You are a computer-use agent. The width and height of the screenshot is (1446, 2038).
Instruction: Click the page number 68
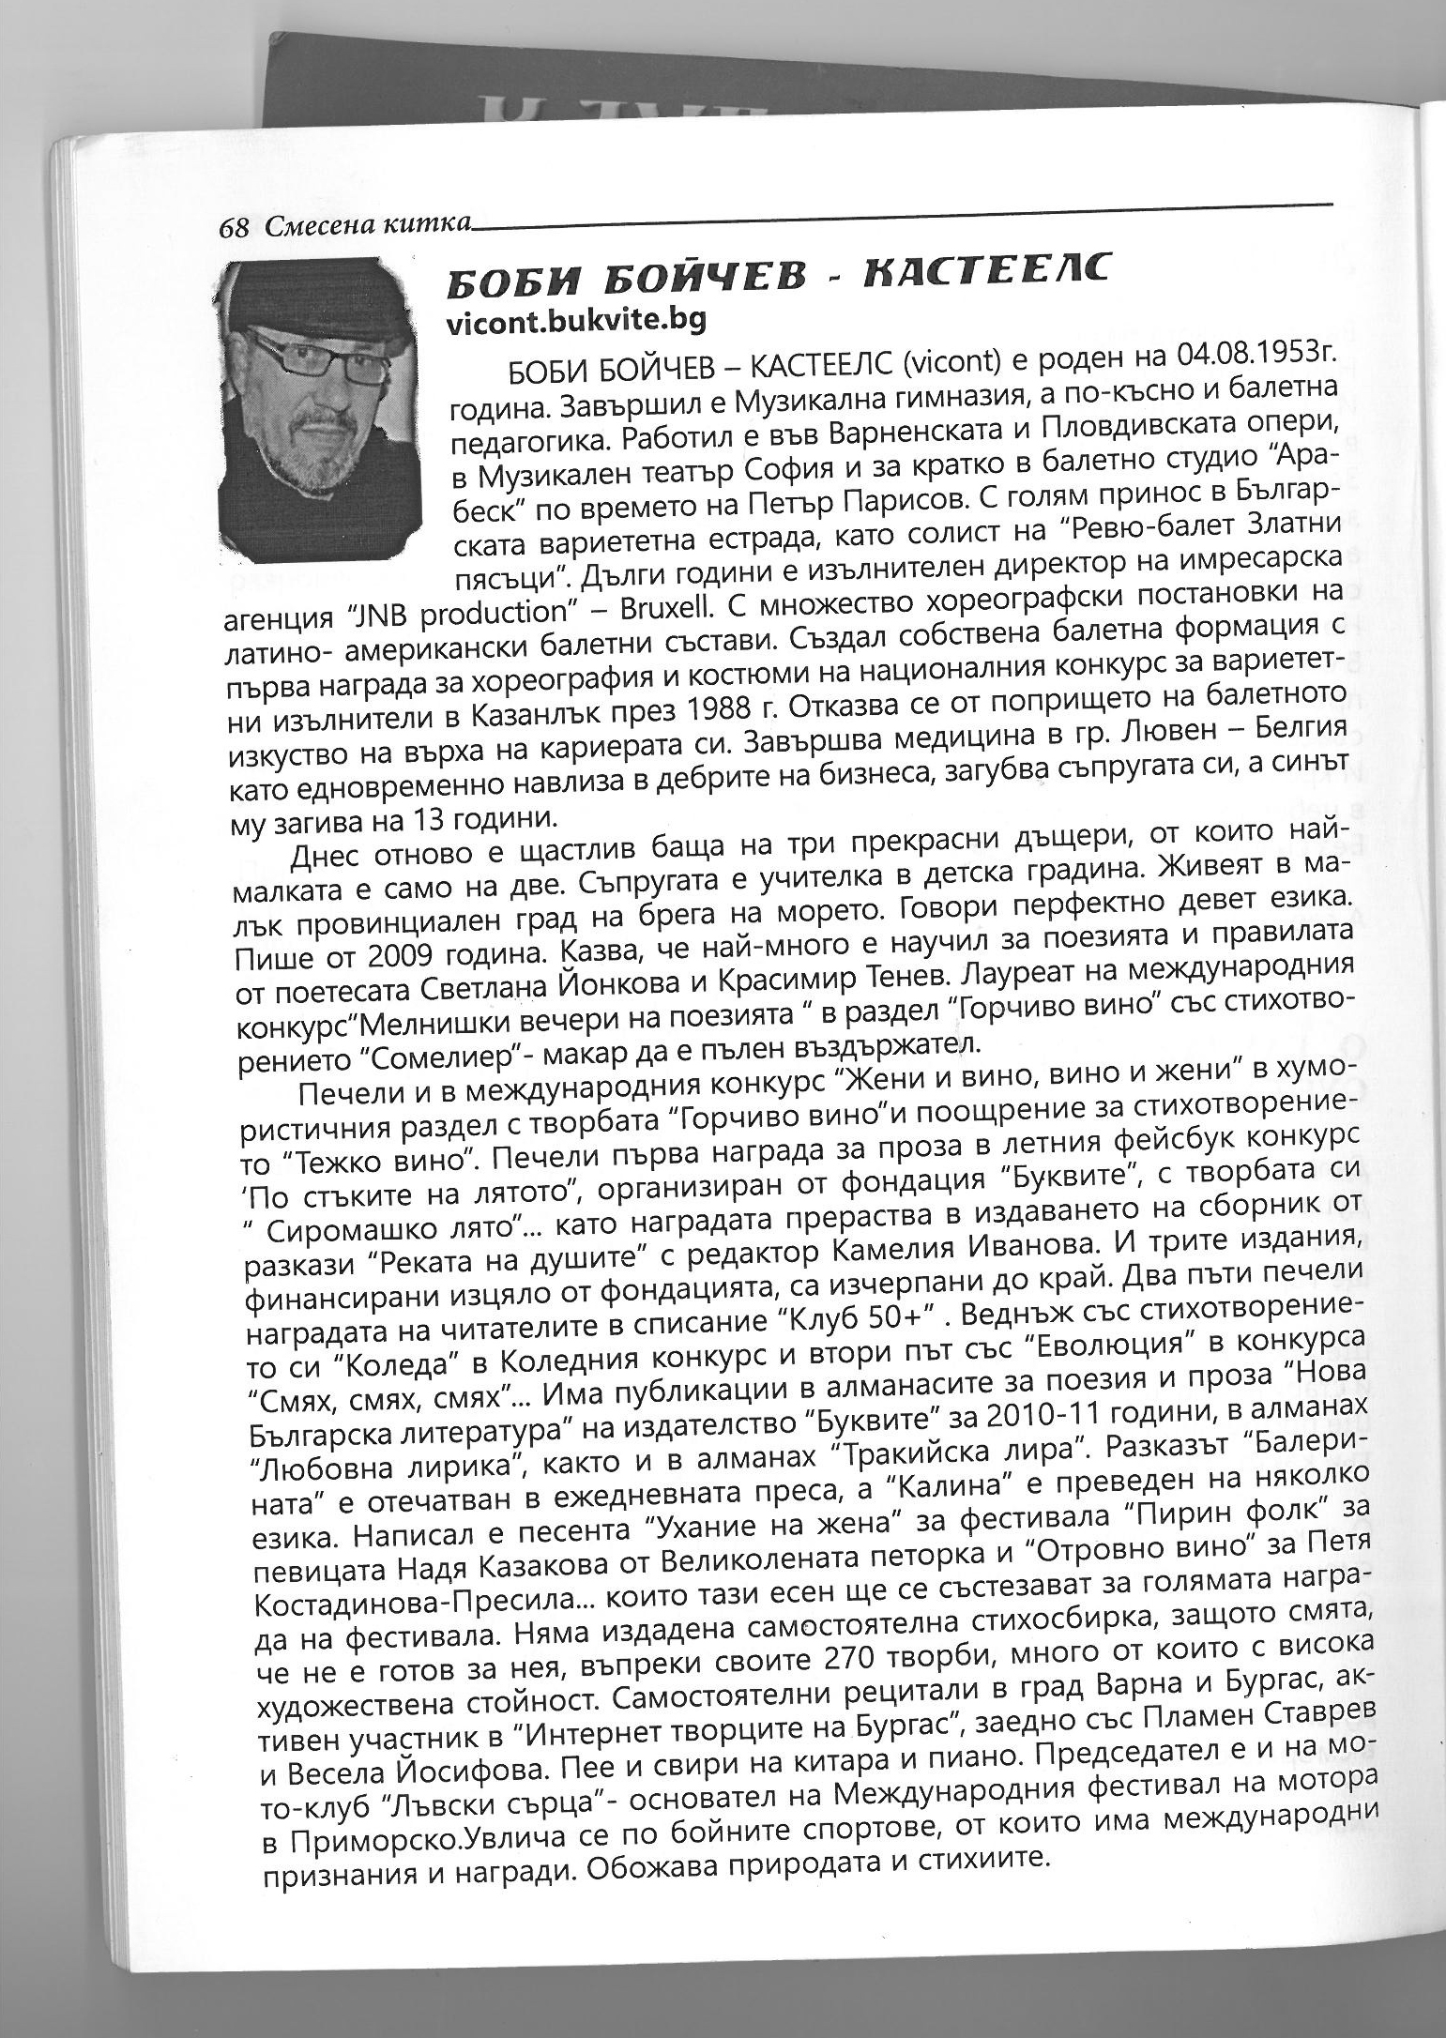pyautogui.click(x=234, y=227)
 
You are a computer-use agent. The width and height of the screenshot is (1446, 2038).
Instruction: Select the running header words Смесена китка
pyautogui.click(x=367, y=225)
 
